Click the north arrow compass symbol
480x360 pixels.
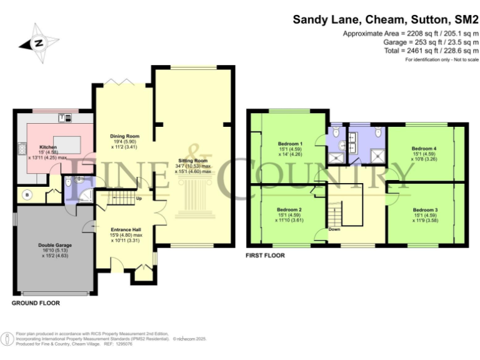[38, 43]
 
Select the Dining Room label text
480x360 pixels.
[124, 136]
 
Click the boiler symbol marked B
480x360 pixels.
[26, 194]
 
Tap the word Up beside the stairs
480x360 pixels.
[138, 200]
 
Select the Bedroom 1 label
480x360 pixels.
[290, 144]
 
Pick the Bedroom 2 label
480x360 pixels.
[289, 209]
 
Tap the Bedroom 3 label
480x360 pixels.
[424, 209]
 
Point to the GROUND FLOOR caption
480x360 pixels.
[36, 302]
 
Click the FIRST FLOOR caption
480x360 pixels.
[266, 256]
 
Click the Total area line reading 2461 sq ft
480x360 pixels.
[438, 50]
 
